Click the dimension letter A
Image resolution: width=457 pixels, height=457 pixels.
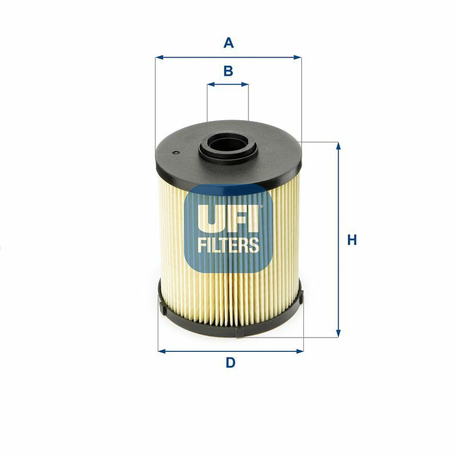(228, 42)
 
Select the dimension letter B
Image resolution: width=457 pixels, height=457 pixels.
(228, 71)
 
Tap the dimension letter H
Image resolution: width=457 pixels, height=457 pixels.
(352, 240)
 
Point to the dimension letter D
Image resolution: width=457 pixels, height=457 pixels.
(230, 363)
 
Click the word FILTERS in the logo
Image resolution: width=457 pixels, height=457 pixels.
(228, 245)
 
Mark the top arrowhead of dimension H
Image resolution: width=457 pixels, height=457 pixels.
(338, 146)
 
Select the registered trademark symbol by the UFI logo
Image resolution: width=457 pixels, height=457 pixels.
(262, 207)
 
